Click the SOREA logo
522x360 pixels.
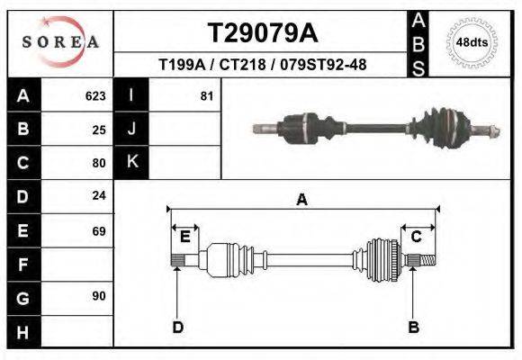(60, 42)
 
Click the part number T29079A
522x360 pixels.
(262, 33)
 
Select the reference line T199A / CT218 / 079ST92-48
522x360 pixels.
(262, 65)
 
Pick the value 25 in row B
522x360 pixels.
(99, 130)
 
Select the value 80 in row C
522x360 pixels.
(99, 164)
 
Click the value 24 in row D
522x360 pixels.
(99, 195)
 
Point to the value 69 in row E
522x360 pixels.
(99, 231)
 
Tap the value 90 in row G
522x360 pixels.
(99, 296)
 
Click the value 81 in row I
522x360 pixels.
(206, 95)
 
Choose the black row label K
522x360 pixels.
(131, 162)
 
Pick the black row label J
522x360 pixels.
(131, 129)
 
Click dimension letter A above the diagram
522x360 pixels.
(302, 200)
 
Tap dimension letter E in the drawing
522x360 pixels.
(184, 237)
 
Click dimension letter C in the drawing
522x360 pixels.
(417, 237)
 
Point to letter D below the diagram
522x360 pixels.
(177, 327)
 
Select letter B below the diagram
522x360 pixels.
(414, 327)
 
